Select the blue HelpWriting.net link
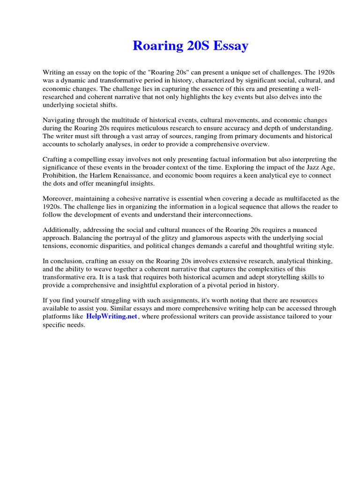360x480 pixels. [112, 316]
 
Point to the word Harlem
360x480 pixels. [106, 175]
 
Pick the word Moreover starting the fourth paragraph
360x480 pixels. [59, 199]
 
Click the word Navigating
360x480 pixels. [60, 120]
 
